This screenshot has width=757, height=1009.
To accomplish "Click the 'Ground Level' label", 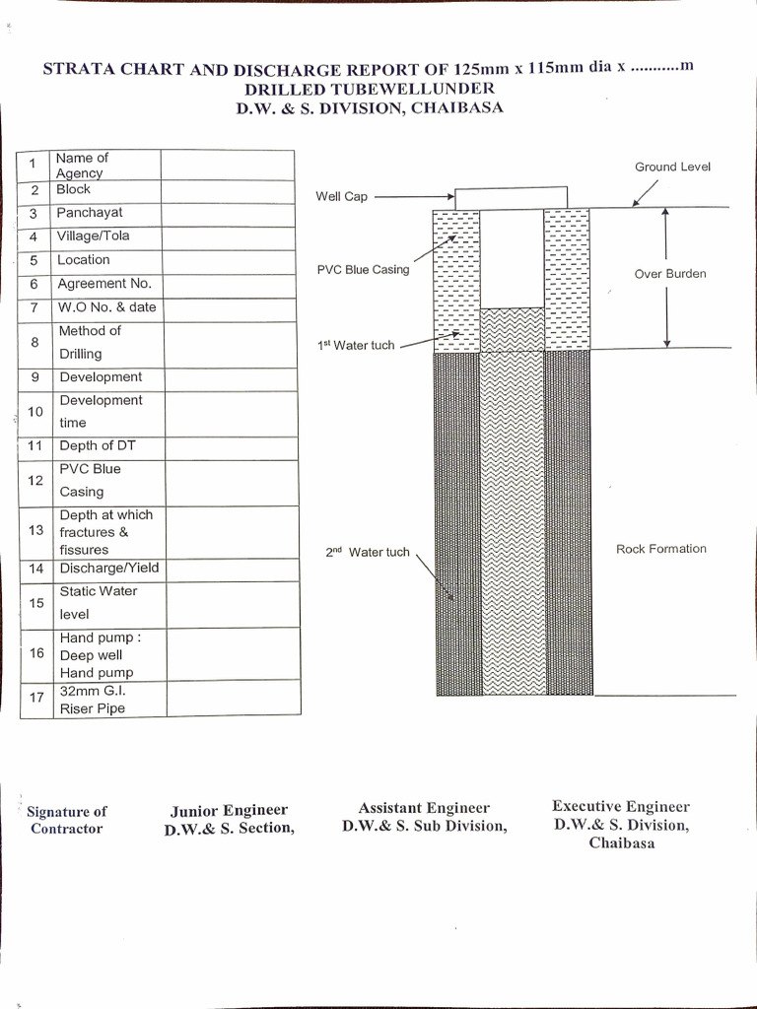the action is click(x=672, y=168).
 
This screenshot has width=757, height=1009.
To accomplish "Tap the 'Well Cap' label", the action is click(x=341, y=197).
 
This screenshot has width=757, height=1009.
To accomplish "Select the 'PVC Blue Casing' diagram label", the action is click(x=363, y=270).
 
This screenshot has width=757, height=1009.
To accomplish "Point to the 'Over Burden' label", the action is click(x=670, y=274).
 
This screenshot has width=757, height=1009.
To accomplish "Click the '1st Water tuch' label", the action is click(x=356, y=346).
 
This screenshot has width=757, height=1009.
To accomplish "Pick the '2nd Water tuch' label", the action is click(x=367, y=553).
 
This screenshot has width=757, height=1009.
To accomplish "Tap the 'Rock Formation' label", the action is click(x=661, y=549).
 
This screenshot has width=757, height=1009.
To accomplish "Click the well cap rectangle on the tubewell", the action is click(x=511, y=198).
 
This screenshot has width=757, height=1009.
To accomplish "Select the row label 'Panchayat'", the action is click(x=90, y=213).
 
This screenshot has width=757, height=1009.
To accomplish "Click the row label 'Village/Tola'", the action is click(x=94, y=236).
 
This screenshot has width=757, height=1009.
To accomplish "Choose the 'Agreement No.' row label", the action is click(x=104, y=284).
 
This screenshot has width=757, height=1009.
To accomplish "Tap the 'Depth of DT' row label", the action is click(x=98, y=446).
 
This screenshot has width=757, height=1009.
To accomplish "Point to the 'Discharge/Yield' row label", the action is click(x=108, y=569).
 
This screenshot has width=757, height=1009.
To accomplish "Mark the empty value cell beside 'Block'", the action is click(x=228, y=190).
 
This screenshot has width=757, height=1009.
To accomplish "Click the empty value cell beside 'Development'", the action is click(x=230, y=378).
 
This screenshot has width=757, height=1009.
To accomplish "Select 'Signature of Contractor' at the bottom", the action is click(x=66, y=820).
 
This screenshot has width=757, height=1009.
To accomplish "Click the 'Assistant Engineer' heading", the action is click(x=424, y=808).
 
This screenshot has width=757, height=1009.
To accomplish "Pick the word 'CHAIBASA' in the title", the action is click(x=456, y=108).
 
